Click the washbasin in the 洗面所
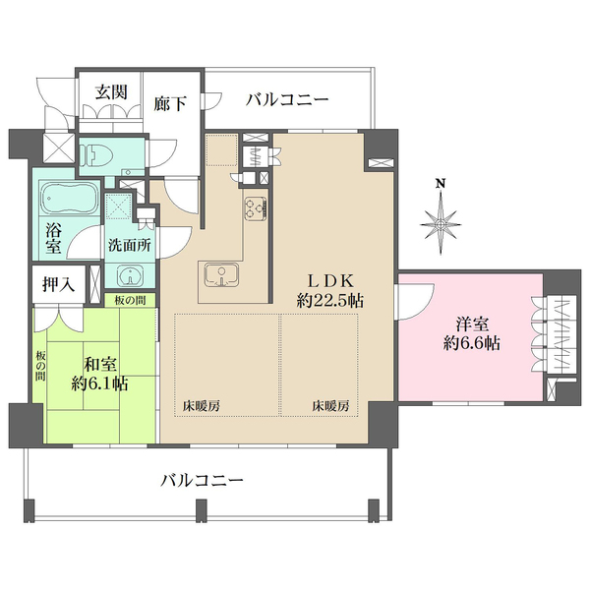click(129, 275)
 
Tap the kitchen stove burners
click(254, 208)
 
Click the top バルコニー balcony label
click(287, 99)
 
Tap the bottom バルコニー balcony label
click(203, 482)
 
